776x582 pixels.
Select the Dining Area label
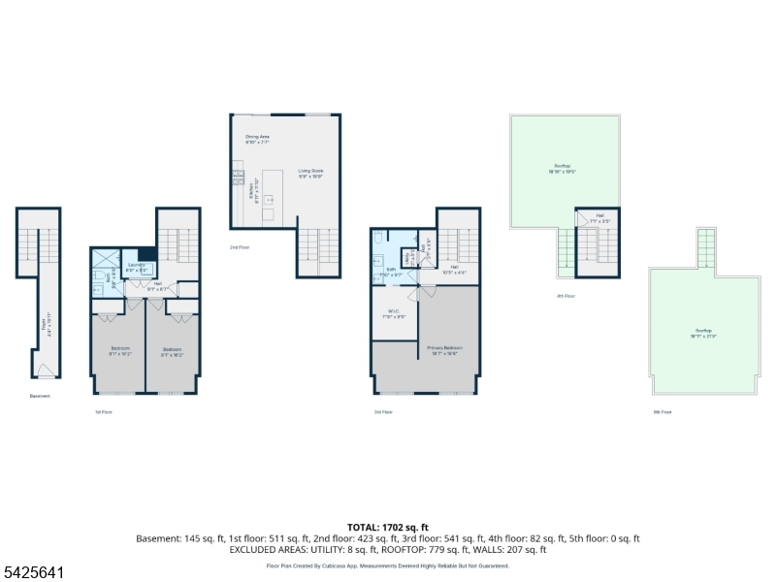(x=257, y=139)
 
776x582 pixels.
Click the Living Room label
(x=310, y=173)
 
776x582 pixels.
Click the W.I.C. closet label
(x=389, y=312)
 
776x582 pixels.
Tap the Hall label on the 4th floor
(x=599, y=217)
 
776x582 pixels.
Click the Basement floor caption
(x=40, y=396)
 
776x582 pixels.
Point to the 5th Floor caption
(x=663, y=411)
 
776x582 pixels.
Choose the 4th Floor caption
(x=566, y=296)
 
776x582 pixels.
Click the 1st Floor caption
(x=103, y=411)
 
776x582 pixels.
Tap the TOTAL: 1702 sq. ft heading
(x=387, y=528)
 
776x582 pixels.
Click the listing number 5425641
(x=33, y=573)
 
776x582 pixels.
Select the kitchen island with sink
(x=273, y=193)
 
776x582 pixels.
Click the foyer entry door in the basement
(x=43, y=371)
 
